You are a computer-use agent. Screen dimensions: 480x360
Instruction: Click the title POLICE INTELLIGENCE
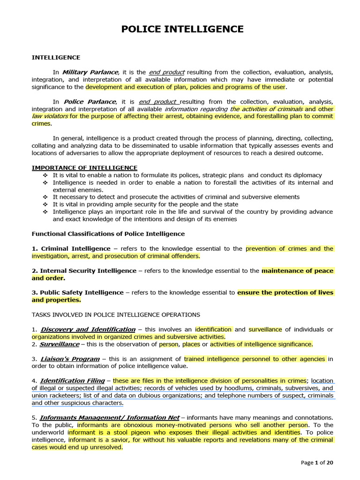tap(182, 29)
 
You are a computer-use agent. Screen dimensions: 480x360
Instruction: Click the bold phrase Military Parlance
tap(91, 72)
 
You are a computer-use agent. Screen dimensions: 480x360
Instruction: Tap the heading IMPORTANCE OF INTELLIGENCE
tap(84, 168)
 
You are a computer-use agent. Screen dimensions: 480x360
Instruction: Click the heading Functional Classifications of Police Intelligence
tap(108, 234)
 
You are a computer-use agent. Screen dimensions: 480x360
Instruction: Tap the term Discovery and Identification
tap(88, 330)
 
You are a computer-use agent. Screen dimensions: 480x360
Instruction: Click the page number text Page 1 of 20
tap(317, 463)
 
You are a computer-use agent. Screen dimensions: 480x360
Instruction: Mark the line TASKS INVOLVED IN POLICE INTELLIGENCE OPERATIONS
tap(116, 315)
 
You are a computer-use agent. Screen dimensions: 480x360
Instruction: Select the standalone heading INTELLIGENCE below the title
tap(56, 58)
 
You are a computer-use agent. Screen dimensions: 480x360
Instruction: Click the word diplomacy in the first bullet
tap(307, 175)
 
